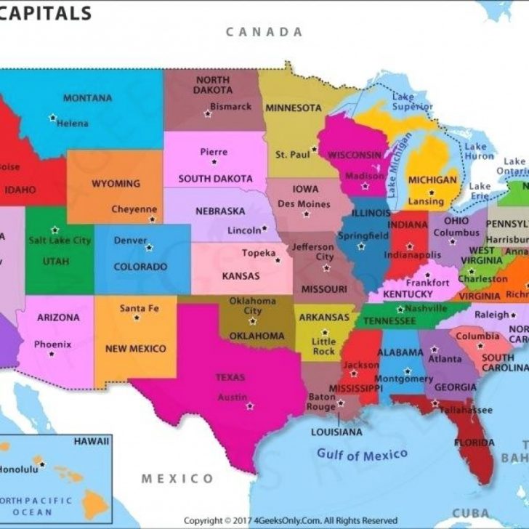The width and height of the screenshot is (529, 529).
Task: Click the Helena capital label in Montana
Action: click(73, 124)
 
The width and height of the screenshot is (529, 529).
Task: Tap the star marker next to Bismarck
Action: click(207, 114)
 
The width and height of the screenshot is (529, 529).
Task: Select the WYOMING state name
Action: click(116, 184)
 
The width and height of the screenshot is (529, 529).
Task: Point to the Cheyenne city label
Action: click(134, 209)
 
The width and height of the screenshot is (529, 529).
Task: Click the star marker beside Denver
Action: click(150, 247)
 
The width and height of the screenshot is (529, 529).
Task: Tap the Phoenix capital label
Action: click(53, 344)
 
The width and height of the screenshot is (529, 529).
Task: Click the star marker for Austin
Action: click(250, 405)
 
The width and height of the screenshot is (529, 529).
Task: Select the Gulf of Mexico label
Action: click(362, 456)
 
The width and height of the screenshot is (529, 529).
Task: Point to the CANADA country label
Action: click(264, 32)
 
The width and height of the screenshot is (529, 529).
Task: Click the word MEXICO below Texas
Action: click(177, 478)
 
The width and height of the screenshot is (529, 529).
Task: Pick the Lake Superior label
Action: click(413, 102)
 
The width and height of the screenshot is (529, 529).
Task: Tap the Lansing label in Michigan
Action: click(426, 201)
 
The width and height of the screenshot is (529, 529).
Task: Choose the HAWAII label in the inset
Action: click(92, 441)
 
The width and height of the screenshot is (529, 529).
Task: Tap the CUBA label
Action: click(469, 514)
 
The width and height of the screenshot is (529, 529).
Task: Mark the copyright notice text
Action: click(291, 520)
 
